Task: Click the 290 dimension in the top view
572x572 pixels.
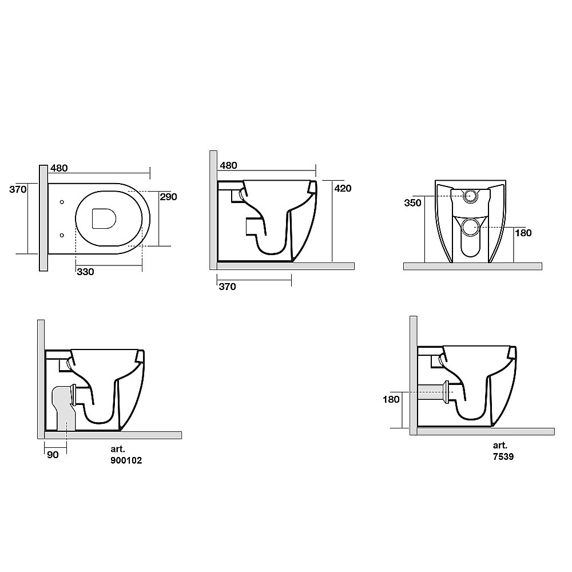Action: (168, 197)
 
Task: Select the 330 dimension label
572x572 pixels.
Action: (85, 272)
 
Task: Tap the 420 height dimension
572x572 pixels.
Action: (343, 188)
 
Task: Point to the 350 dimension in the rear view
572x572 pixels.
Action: (412, 203)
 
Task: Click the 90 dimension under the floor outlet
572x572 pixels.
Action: (53, 455)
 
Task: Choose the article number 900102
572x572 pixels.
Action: (126, 460)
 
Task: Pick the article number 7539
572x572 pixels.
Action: (503, 456)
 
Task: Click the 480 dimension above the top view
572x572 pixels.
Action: (59, 168)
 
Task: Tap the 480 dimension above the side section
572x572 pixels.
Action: (229, 165)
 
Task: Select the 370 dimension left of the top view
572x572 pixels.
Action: (18, 189)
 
